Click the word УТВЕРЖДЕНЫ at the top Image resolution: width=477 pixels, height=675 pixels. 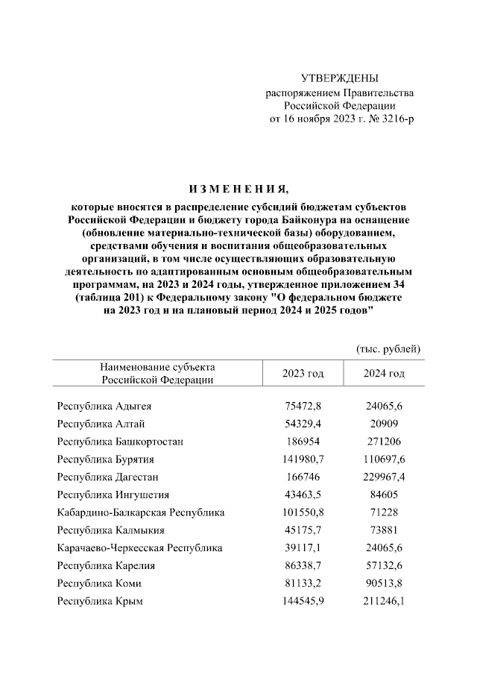pyautogui.click(x=339, y=78)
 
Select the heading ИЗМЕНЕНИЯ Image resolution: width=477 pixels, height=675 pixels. pyautogui.click(x=238, y=188)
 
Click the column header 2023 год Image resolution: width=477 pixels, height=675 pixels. pyautogui.click(x=303, y=373)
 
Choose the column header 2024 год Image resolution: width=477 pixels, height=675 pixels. pyautogui.click(x=385, y=373)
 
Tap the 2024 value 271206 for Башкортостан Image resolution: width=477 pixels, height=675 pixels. pyautogui.click(x=385, y=442)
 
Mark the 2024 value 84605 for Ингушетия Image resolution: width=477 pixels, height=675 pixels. pyautogui.click(x=385, y=495)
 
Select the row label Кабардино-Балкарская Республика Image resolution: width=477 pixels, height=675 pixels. pyautogui.click(x=141, y=512)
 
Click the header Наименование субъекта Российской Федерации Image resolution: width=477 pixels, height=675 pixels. pyautogui.click(x=157, y=373)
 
